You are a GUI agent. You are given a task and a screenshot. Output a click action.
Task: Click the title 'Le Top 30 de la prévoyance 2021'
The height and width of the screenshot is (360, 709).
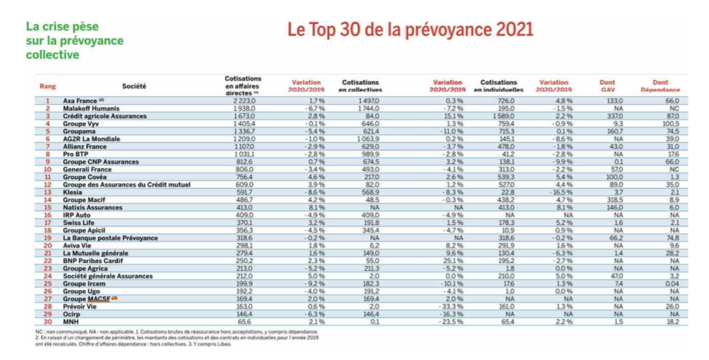click(x=410, y=30)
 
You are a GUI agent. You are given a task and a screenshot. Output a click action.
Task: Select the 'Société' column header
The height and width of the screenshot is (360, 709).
click(x=133, y=85)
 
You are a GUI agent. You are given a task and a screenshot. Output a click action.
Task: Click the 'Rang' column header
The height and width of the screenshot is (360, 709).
click(x=47, y=85)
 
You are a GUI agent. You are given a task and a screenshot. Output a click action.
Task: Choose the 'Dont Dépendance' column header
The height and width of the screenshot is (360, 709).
click(x=660, y=85)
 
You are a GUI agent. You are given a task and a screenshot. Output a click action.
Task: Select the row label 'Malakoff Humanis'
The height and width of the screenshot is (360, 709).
click(x=88, y=108)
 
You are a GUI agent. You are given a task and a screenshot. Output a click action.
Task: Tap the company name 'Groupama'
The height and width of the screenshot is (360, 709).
click(x=78, y=132)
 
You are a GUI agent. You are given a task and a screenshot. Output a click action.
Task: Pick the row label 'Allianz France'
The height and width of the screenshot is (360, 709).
click(x=84, y=147)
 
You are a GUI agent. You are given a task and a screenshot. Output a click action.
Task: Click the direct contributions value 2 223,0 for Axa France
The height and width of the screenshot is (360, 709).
click(x=241, y=101)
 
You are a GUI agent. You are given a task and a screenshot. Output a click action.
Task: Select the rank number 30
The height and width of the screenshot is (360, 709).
click(x=47, y=321)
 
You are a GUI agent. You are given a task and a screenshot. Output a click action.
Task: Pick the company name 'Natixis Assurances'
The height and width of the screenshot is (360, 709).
click(x=92, y=207)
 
